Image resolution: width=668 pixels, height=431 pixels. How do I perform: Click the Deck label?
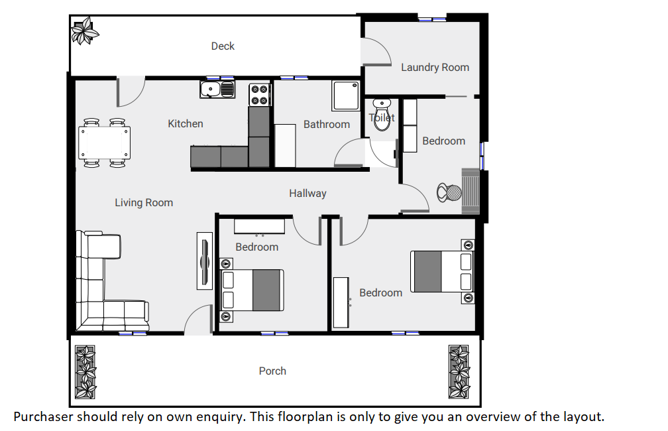[x=223, y=46]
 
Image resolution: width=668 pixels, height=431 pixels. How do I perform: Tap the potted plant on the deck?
[x=85, y=31]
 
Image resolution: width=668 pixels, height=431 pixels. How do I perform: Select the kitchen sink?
[x=217, y=89]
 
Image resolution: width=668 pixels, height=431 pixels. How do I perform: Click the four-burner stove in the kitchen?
[x=260, y=95]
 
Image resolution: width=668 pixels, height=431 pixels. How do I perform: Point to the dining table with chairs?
[x=105, y=143]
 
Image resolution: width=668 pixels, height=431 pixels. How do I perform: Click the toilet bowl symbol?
[x=382, y=114]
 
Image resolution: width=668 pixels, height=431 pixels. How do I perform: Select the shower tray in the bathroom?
[x=346, y=96]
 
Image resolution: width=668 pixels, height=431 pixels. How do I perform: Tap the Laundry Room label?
[x=435, y=68]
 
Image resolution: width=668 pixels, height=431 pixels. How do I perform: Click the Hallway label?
[x=307, y=194]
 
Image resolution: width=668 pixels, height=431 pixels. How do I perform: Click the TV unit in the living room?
[x=205, y=261]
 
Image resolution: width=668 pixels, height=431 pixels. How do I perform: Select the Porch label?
[x=272, y=371]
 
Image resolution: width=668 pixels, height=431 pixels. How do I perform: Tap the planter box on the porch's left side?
[x=85, y=372]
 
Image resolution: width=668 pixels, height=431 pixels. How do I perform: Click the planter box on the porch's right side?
[x=459, y=372]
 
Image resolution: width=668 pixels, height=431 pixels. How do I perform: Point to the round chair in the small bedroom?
[x=449, y=193]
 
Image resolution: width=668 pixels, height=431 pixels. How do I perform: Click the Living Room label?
[x=144, y=202]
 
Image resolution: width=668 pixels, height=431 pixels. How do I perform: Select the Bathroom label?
[x=327, y=125]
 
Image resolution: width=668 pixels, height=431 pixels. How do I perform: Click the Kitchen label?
[x=186, y=123]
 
